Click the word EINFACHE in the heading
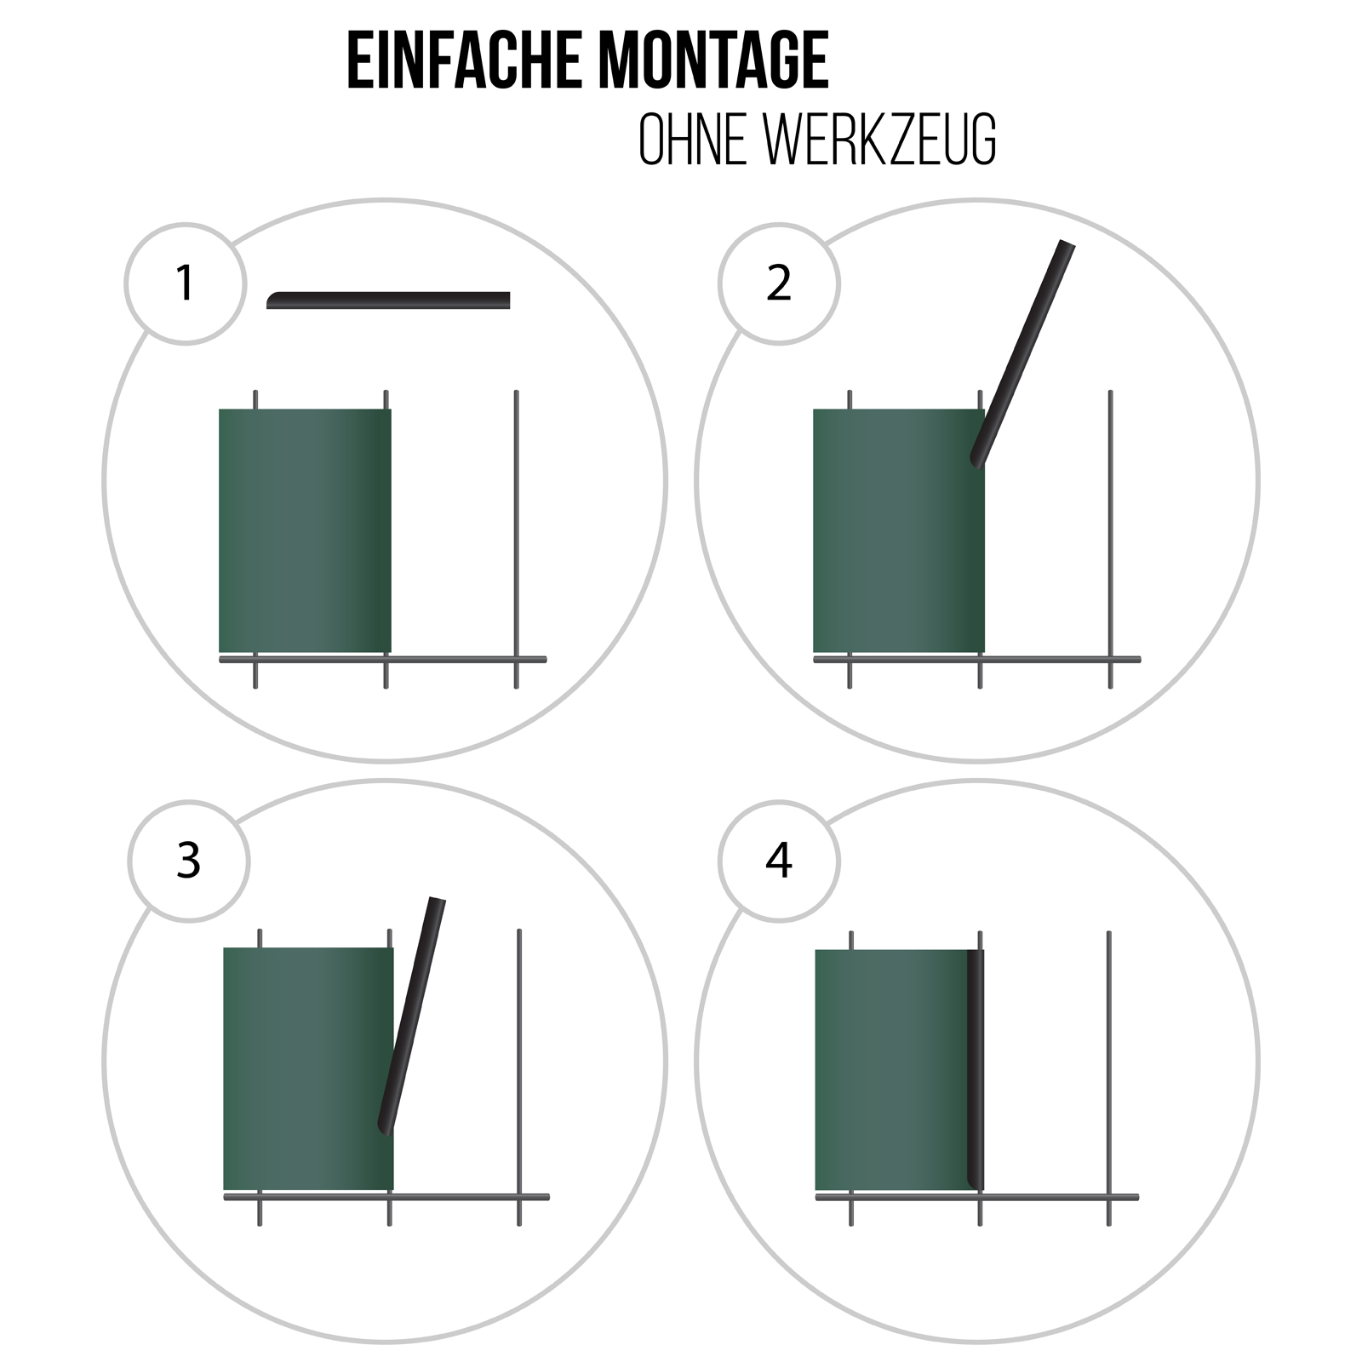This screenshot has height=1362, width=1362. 466,60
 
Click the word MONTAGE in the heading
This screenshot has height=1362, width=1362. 713,60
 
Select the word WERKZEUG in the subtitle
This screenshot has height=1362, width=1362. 880,139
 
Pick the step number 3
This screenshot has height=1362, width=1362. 188,861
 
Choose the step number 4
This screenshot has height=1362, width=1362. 779,861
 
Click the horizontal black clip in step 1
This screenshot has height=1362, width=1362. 388,300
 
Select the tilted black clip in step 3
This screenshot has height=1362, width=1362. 411,1016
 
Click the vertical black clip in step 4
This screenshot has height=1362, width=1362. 976,1069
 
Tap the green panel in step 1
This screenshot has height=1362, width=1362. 305,530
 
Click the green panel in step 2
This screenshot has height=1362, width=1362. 899,530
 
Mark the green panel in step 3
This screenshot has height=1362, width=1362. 308,1068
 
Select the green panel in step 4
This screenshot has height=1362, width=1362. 894,1070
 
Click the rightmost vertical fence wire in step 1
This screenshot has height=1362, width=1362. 516,539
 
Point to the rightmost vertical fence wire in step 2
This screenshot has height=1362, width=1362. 1110,539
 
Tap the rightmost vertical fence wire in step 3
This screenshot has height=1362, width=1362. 519,1078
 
